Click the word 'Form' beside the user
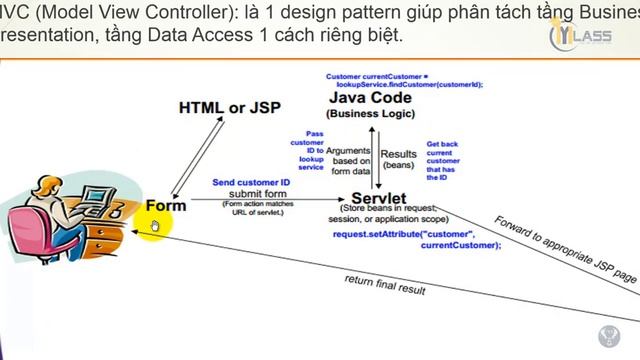coord(165,205)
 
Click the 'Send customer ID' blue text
coord(250,183)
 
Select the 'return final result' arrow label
coord(385,284)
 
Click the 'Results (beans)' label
coord(399,159)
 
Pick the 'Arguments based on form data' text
coord(351,161)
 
